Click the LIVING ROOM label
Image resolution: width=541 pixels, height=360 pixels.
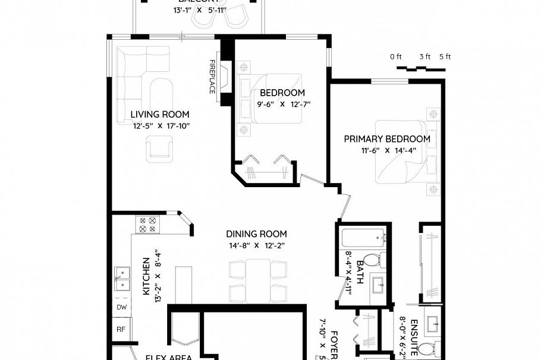[160, 114]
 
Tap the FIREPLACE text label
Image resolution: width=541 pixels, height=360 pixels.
[212, 76]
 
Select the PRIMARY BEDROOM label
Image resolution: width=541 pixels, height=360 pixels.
[387, 139]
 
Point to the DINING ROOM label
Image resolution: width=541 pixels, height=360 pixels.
[256, 234]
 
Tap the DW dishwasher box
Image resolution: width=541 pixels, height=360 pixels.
[121, 307]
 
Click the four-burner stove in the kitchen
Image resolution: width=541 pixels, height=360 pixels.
[147, 225]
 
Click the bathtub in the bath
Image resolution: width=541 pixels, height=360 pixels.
[363, 239]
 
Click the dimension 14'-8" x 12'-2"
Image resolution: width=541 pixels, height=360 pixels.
[256, 245]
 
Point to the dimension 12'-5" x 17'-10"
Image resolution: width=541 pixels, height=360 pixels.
[160, 125]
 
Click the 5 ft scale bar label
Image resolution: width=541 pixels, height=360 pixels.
[445, 57]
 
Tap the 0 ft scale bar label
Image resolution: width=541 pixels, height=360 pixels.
[396, 57]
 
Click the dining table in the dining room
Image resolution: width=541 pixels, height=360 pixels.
[257, 280]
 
